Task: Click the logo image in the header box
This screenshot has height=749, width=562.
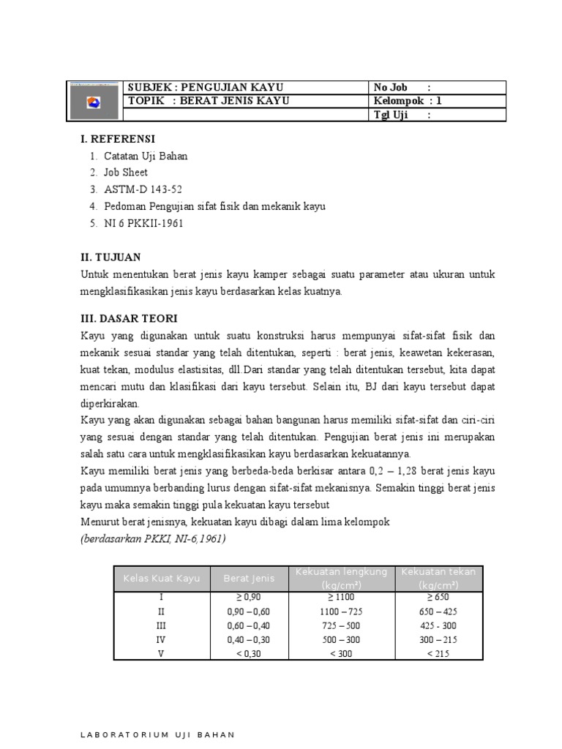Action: pyautogui.click(x=94, y=101)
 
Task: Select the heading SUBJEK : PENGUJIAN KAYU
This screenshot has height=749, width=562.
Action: pyautogui.click(x=206, y=88)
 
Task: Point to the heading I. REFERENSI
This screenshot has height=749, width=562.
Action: pyautogui.click(x=117, y=139)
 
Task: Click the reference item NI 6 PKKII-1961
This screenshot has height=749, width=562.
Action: pyautogui.click(x=143, y=223)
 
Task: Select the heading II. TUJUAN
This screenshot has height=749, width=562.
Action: pyautogui.click(x=110, y=257)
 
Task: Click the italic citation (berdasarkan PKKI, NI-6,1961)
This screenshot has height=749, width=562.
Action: pyautogui.click(x=153, y=539)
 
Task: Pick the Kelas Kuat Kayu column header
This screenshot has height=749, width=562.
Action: pyautogui.click(x=162, y=579)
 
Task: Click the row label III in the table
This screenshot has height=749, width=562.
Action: pyautogui.click(x=162, y=625)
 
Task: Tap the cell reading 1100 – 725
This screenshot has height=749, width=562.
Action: pyautogui.click(x=340, y=611)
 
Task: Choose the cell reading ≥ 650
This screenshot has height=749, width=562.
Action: pyautogui.click(x=438, y=597)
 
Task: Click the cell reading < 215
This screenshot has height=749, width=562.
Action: pyautogui.click(x=438, y=654)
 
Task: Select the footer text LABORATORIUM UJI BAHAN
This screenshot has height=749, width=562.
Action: pyautogui.click(x=157, y=734)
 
